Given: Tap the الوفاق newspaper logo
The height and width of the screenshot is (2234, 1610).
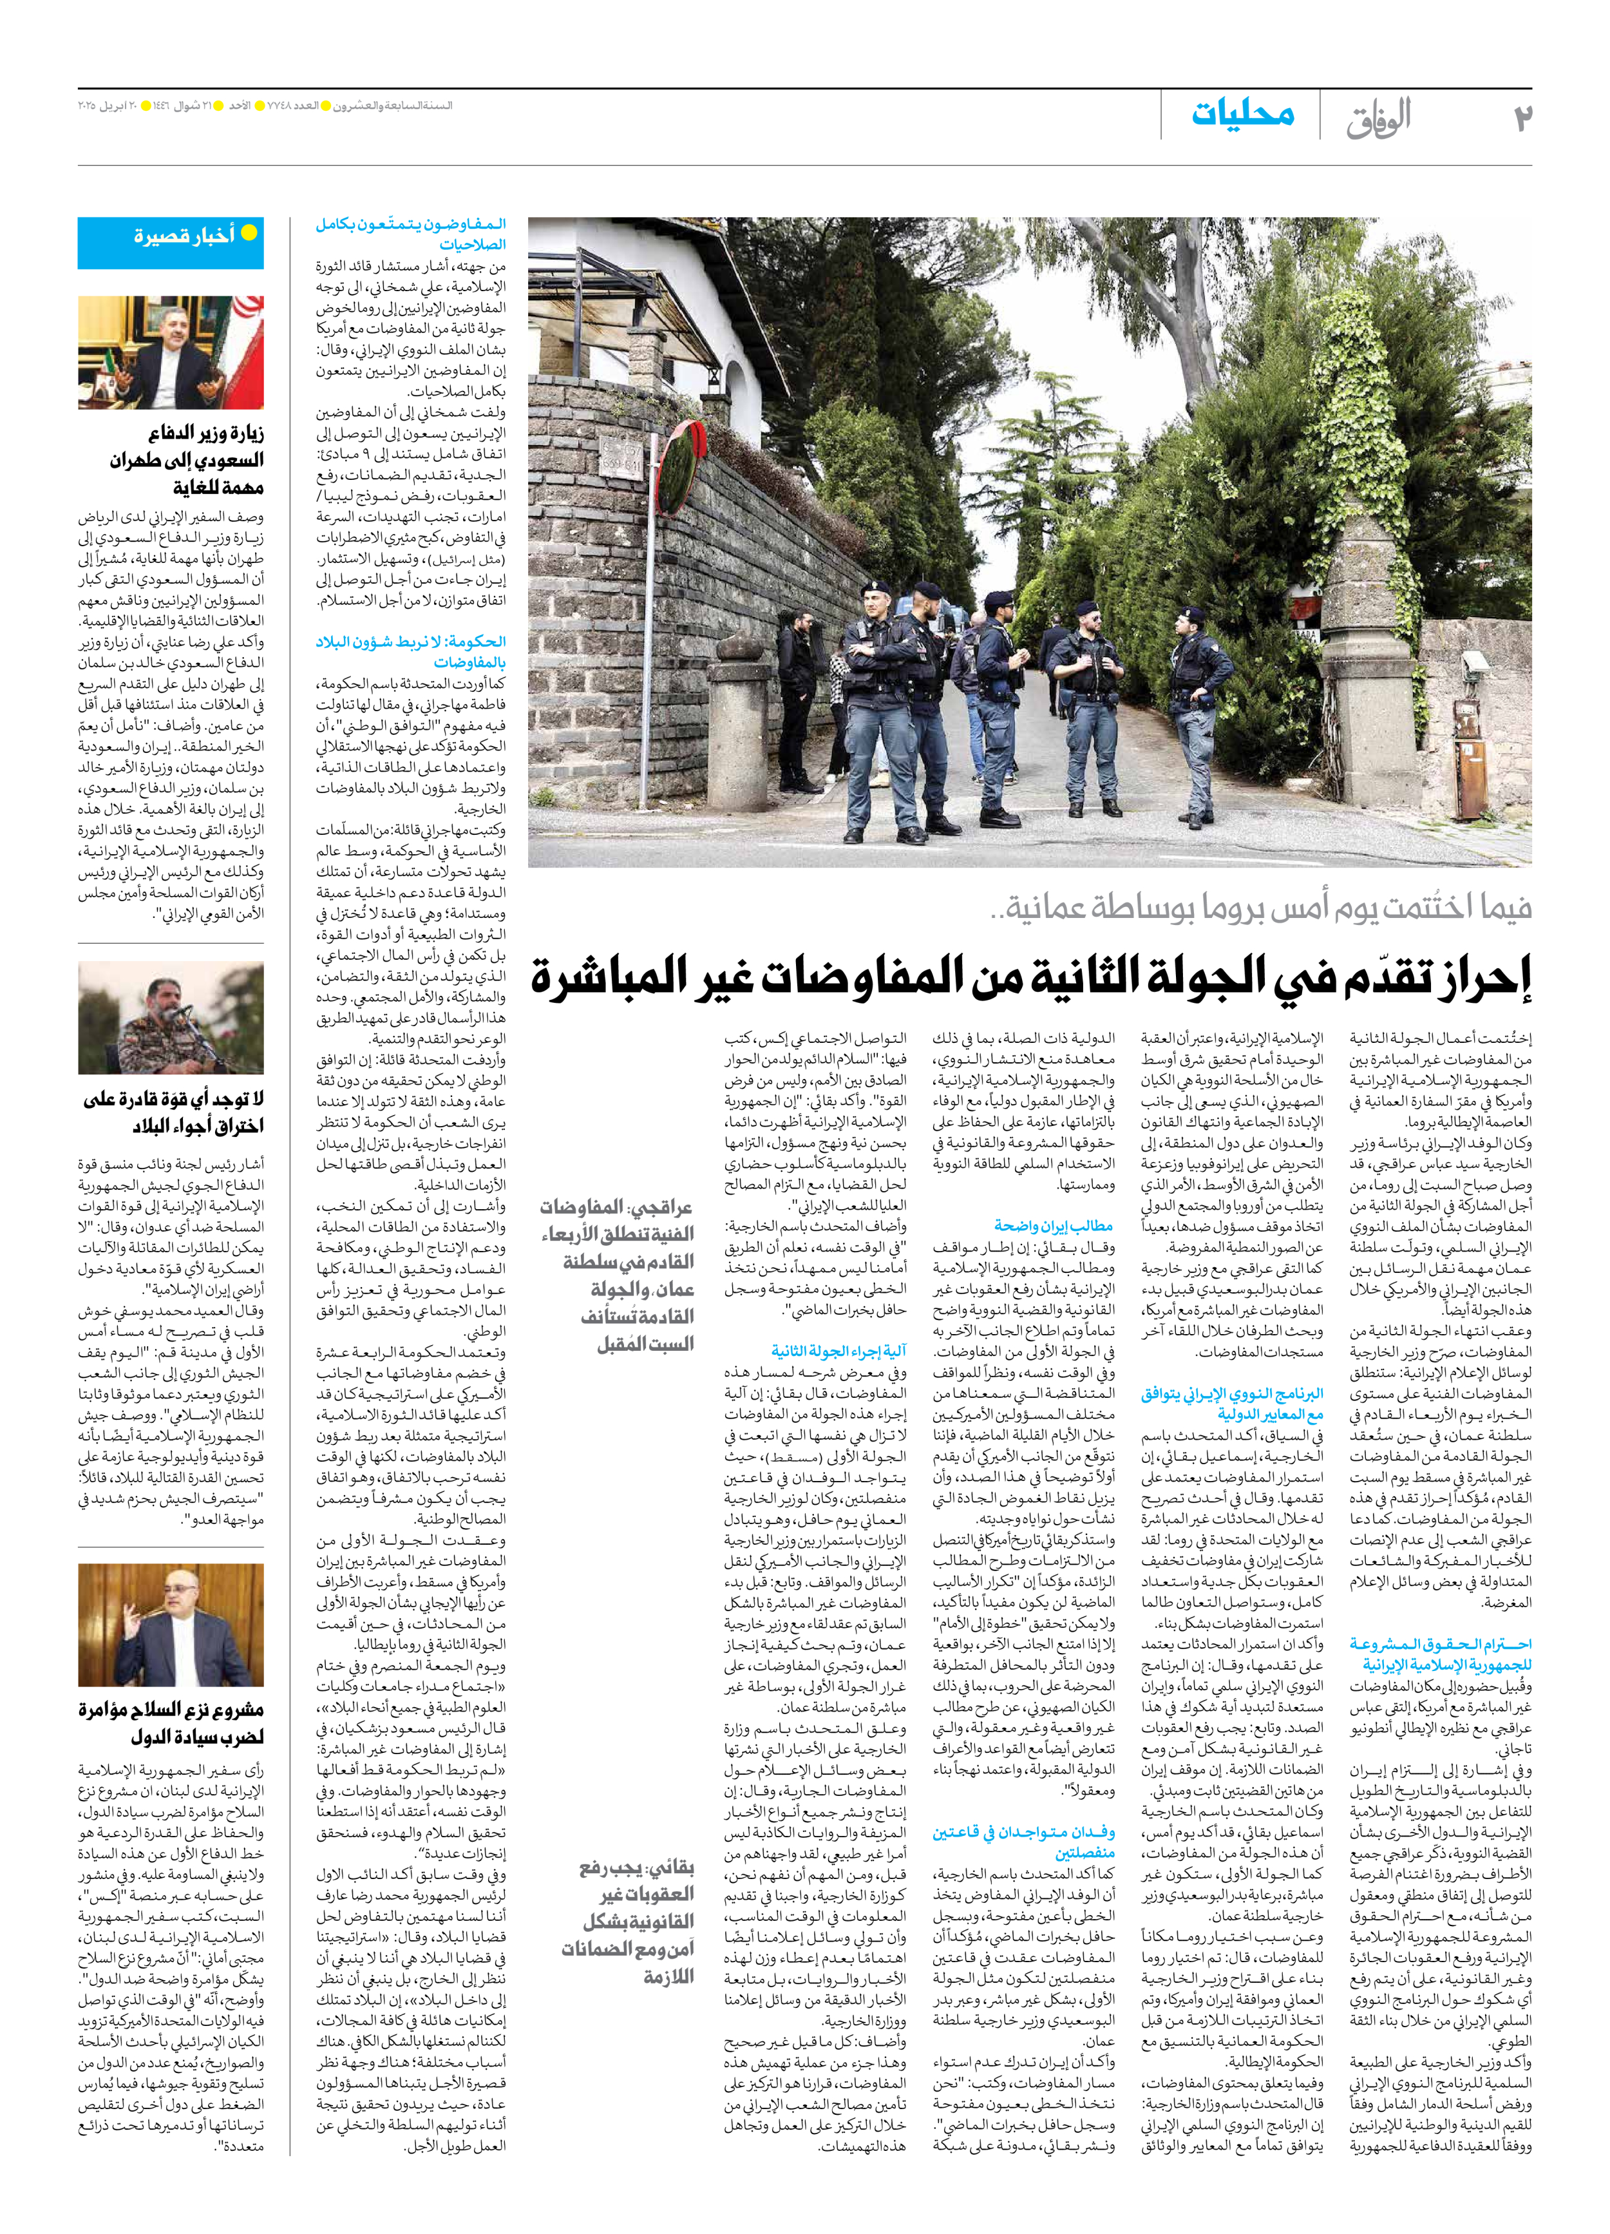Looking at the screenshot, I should (1379, 118).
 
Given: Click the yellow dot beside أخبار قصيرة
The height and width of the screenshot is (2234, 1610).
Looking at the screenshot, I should (250, 233).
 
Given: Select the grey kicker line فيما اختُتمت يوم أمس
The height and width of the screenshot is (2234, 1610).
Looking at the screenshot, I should (1260, 907).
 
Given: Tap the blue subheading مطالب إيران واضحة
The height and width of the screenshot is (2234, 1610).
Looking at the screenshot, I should (1053, 1225).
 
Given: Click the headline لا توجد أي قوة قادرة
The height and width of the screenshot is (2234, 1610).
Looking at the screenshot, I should (173, 1112).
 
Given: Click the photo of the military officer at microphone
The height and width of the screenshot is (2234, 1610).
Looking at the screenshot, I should (171, 1018).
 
